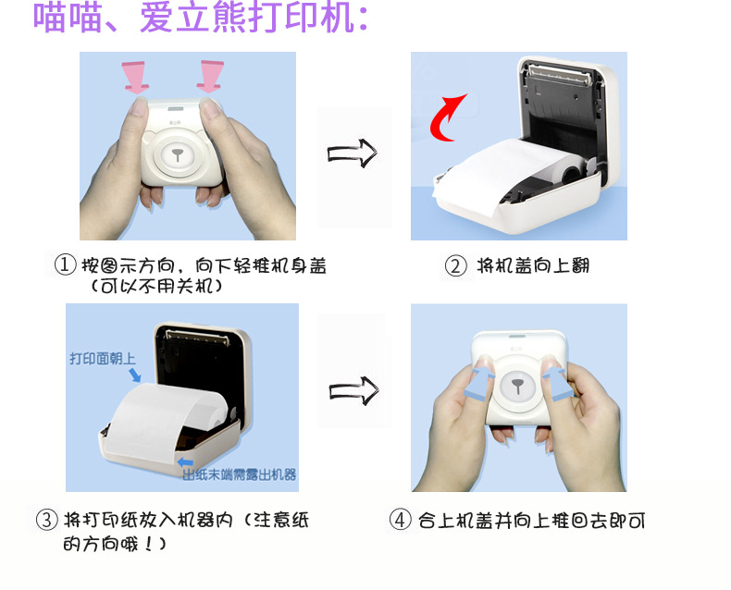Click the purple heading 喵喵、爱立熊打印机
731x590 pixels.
(201, 18)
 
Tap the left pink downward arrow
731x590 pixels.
(135, 77)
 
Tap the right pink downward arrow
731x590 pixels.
(211, 76)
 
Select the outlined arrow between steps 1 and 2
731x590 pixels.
(352, 153)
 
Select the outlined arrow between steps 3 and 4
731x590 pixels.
(353, 390)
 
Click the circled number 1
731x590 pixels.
(66, 264)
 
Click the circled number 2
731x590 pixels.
(455, 266)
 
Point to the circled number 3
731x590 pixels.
(46, 519)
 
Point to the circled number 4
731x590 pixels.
(400, 520)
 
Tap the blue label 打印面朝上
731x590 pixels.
(103, 359)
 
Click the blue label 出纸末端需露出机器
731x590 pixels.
(239, 475)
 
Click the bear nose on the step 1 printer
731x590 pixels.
(177, 154)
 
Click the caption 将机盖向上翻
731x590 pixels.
(533, 265)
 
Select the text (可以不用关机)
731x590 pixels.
(155, 286)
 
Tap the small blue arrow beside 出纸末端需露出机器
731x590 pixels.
(186, 461)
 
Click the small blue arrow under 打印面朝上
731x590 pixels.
(135, 375)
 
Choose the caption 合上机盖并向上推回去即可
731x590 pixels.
(531, 520)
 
